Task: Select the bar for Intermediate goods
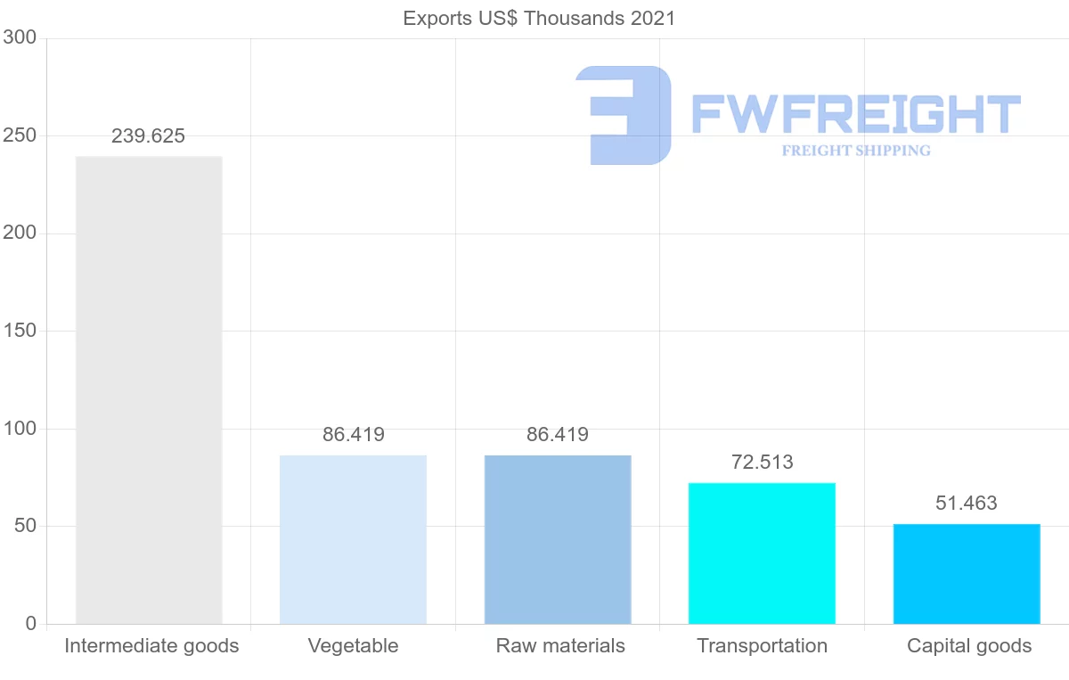pos(149,389)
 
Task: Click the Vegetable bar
pos(353,539)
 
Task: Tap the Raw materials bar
pos(558,539)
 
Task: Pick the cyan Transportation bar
pos(762,553)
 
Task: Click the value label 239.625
pos(148,136)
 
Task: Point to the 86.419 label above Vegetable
pos(354,435)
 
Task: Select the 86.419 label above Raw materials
pos(558,435)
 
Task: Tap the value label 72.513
pos(762,463)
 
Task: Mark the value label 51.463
pos(967,503)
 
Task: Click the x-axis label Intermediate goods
pos(151,646)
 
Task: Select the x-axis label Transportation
pos(762,646)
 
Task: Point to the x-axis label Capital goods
pos(969,646)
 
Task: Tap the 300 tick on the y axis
pos(20,37)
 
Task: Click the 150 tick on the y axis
pos(20,331)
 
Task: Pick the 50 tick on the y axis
pos(25,526)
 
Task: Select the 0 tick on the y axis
pos(31,624)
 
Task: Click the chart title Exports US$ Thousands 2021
pos(539,18)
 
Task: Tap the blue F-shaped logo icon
pos(624,115)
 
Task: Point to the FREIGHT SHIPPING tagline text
pos(856,151)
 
